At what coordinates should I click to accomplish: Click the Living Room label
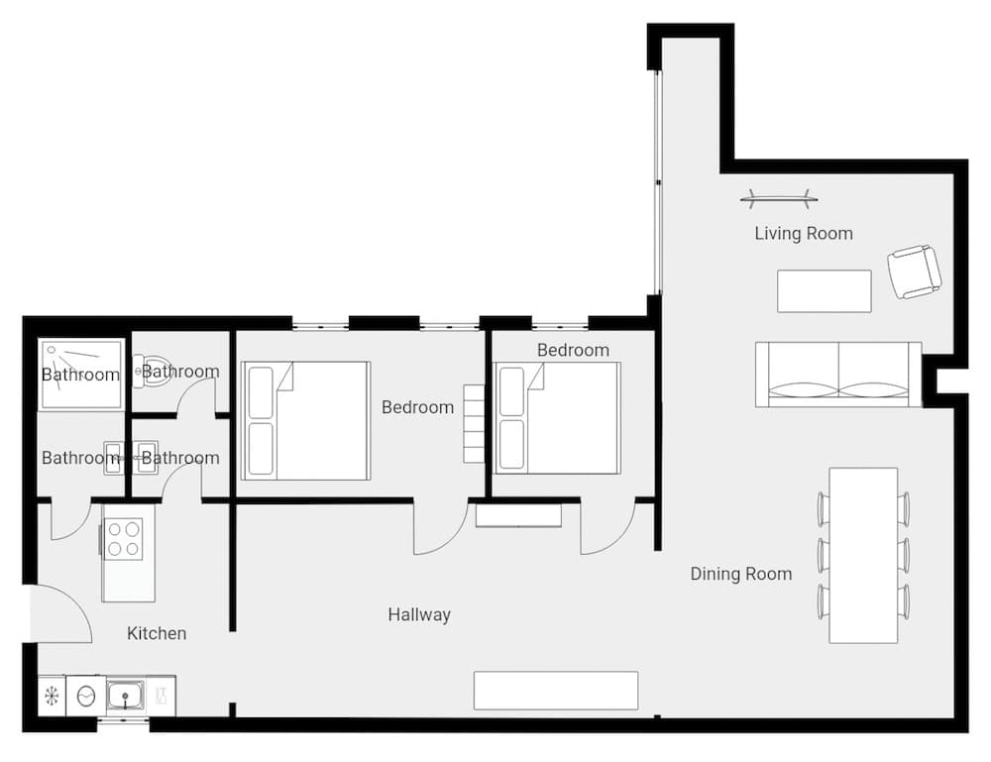[803, 234]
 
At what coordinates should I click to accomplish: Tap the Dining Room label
[740, 574]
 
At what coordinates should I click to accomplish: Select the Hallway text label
[419, 614]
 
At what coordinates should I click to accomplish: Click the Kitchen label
[157, 633]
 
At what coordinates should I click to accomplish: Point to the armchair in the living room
[913, 272]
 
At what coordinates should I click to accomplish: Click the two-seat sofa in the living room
[837, 375]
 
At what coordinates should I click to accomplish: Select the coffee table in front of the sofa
[824, 291]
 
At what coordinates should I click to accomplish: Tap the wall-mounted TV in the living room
[779, 199]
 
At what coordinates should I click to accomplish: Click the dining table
[863, 555]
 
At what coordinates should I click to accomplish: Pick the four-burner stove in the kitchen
[124, 537]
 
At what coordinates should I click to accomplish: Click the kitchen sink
[126, 697]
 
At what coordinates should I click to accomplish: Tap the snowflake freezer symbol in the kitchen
[52, 697]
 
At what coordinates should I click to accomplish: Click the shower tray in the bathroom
[81, 374]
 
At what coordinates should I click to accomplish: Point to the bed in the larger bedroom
[306, 421]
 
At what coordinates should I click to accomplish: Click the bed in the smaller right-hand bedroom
[558, 417]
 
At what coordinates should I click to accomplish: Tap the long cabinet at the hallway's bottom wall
[555, 691]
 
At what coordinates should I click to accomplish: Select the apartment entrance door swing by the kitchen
[59, 614]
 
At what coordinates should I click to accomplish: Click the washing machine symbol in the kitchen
[86, 697]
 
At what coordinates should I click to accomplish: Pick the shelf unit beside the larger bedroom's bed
[474, 424]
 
